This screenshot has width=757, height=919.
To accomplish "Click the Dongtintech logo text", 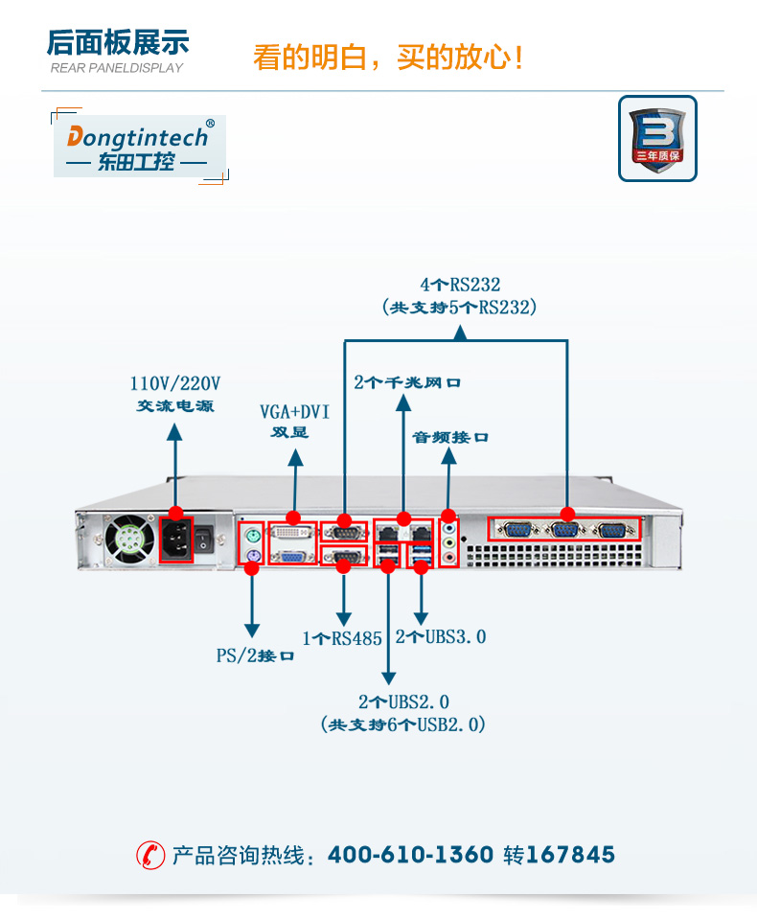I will coord(138,136).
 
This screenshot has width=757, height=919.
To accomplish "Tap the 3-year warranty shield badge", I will coord(656,138).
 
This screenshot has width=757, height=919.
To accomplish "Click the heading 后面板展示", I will coord(118,43).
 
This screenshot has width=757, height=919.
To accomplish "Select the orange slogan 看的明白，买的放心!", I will coord(388,57).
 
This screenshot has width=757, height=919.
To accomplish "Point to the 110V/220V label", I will coord(175,383).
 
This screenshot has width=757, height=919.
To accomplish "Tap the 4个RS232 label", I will coord(460,285).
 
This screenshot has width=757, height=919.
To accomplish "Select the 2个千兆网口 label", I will coord(407,382).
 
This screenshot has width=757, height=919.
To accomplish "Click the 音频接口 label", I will coord(450,437).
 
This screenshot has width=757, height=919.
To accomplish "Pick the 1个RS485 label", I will coord(342,638).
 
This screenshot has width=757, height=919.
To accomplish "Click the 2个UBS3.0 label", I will coord(441,636).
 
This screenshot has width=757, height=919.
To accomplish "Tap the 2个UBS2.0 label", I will coord(403,701).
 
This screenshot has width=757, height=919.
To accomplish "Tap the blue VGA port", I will coord(293,555).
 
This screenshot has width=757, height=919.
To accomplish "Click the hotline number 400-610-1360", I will coord(410,854).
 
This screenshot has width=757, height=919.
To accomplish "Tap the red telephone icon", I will coord(150,854).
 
